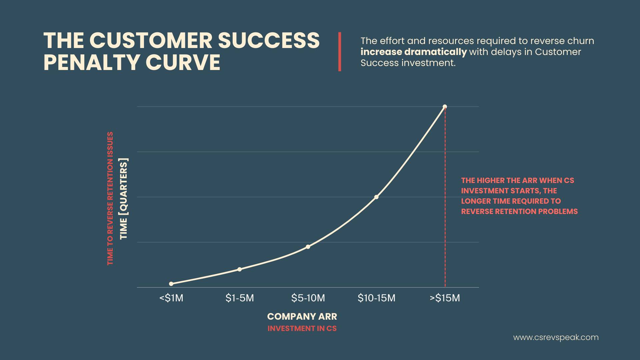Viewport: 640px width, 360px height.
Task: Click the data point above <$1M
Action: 171,284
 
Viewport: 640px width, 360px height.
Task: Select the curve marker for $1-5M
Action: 240,269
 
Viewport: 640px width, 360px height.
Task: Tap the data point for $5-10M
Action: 308,247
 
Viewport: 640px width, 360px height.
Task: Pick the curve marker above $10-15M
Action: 376,197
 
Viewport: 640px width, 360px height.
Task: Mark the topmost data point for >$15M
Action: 445,107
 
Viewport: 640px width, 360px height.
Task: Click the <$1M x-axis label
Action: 171,298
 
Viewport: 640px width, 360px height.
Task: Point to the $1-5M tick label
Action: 240,298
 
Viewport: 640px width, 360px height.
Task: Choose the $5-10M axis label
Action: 308,298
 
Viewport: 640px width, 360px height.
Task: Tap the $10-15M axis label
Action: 376,298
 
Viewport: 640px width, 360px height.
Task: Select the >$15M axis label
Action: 445,298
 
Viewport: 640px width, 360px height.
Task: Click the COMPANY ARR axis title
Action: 302,316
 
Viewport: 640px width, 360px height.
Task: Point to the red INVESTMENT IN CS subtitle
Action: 302,328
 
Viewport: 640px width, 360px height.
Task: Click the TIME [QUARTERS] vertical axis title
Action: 124,198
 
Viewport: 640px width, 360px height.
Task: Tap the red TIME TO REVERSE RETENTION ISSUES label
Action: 110,198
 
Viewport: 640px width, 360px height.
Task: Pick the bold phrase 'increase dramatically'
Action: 414,52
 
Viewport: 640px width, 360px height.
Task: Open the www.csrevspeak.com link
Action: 556,337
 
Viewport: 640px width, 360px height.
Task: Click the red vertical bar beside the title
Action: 340,52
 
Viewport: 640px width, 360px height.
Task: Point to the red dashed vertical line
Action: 445,197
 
